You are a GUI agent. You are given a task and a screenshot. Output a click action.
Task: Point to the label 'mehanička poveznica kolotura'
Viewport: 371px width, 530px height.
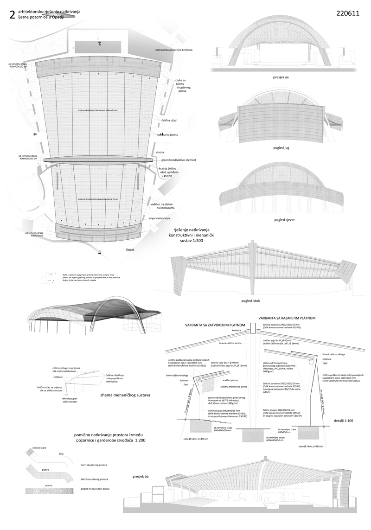coord(174,49)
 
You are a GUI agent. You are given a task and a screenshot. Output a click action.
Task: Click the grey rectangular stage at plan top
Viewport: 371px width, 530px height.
coord(100,46)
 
